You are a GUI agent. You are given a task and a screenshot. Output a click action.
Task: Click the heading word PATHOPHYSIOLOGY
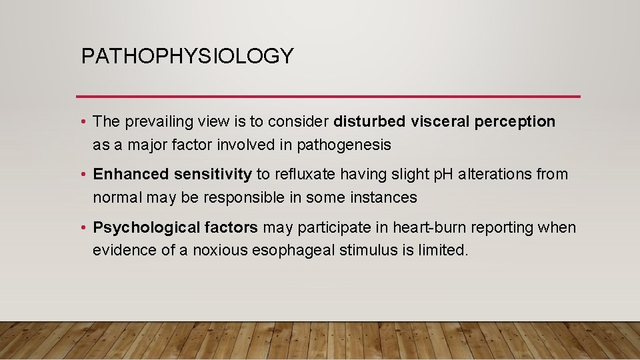(x=187, y=56)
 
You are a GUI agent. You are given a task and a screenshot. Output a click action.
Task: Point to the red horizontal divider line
(x=328, y=97)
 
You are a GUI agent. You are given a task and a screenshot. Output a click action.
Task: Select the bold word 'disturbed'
(x=369, y=121)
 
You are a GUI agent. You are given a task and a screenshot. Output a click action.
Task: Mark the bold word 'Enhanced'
(x=130, y=175)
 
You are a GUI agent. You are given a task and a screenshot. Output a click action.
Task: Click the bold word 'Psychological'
(x=143, y=228)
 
